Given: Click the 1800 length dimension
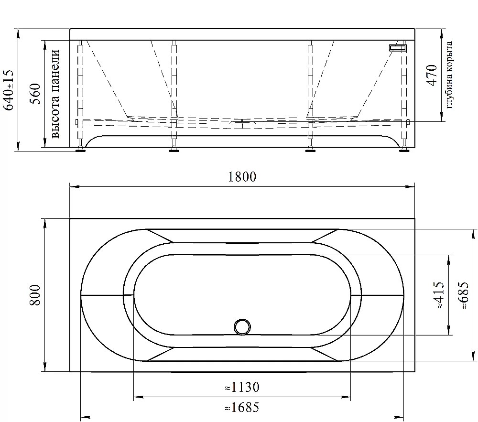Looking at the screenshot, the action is (x=242, y=177).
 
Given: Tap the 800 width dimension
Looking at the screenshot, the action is (x=35, y=295).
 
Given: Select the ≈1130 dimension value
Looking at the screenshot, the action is (x=242, y=387).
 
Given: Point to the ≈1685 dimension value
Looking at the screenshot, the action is (x=242, y=407).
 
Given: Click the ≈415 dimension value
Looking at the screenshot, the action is (x=440, y=295).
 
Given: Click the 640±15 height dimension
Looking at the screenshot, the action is (x=8, y=90).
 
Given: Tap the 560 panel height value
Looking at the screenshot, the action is (x=35, y=94).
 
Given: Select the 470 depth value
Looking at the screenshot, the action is (x=432, y=75).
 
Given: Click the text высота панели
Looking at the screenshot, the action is (x=55, y=94).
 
